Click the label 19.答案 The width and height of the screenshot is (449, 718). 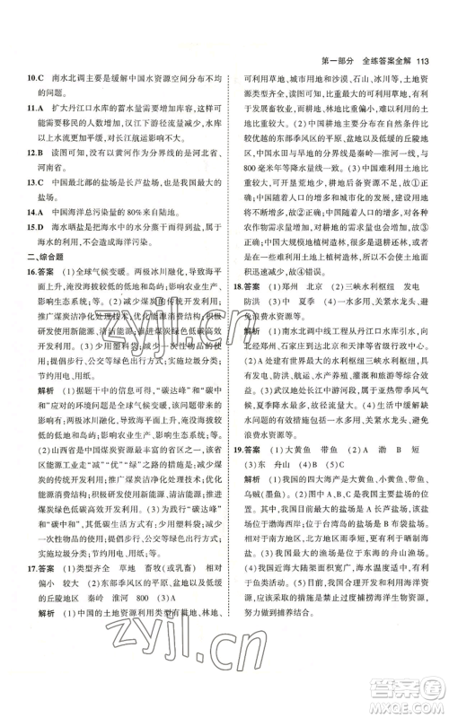[x=250, y=520]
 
